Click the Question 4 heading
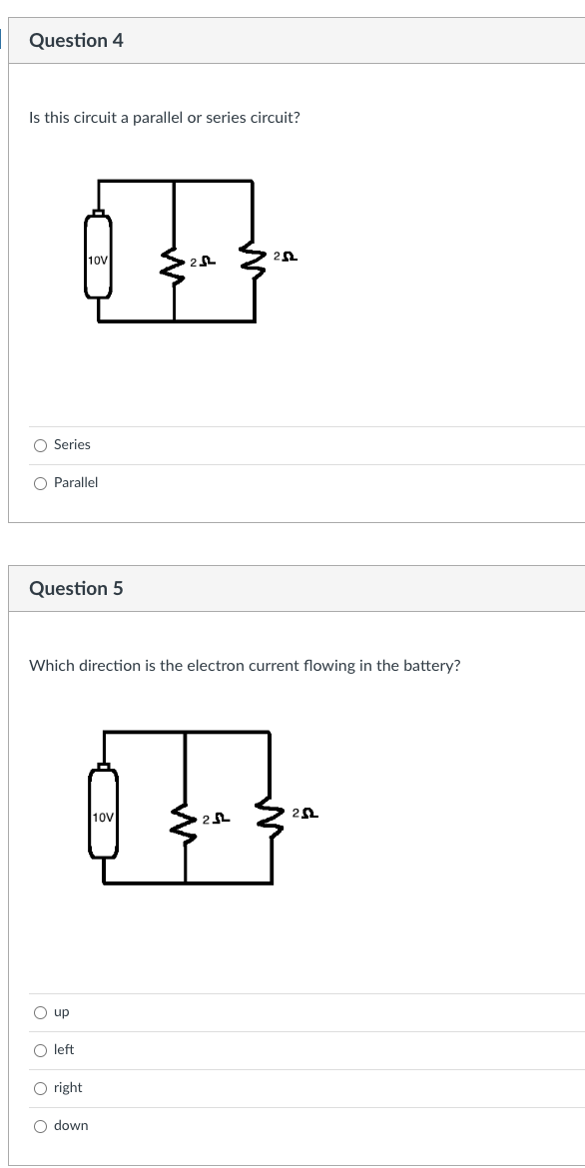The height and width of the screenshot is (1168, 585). tap(76, 41)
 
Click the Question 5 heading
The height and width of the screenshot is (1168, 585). tap(76, 588)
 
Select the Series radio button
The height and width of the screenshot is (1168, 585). tap(41, 445)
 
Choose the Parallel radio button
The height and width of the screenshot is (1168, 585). tap(41, 483)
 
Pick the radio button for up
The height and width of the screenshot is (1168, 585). tap(41, 1012)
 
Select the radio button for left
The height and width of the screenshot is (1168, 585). tap(41, 1050)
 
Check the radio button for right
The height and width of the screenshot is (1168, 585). tap(41, 1088)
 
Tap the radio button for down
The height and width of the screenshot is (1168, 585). tap(41, 1126)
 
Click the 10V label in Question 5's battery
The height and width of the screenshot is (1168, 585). tap(104, 818)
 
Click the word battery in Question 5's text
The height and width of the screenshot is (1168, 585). tap(428, 666)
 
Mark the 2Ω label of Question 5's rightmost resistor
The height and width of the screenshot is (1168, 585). tap(307, 815)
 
